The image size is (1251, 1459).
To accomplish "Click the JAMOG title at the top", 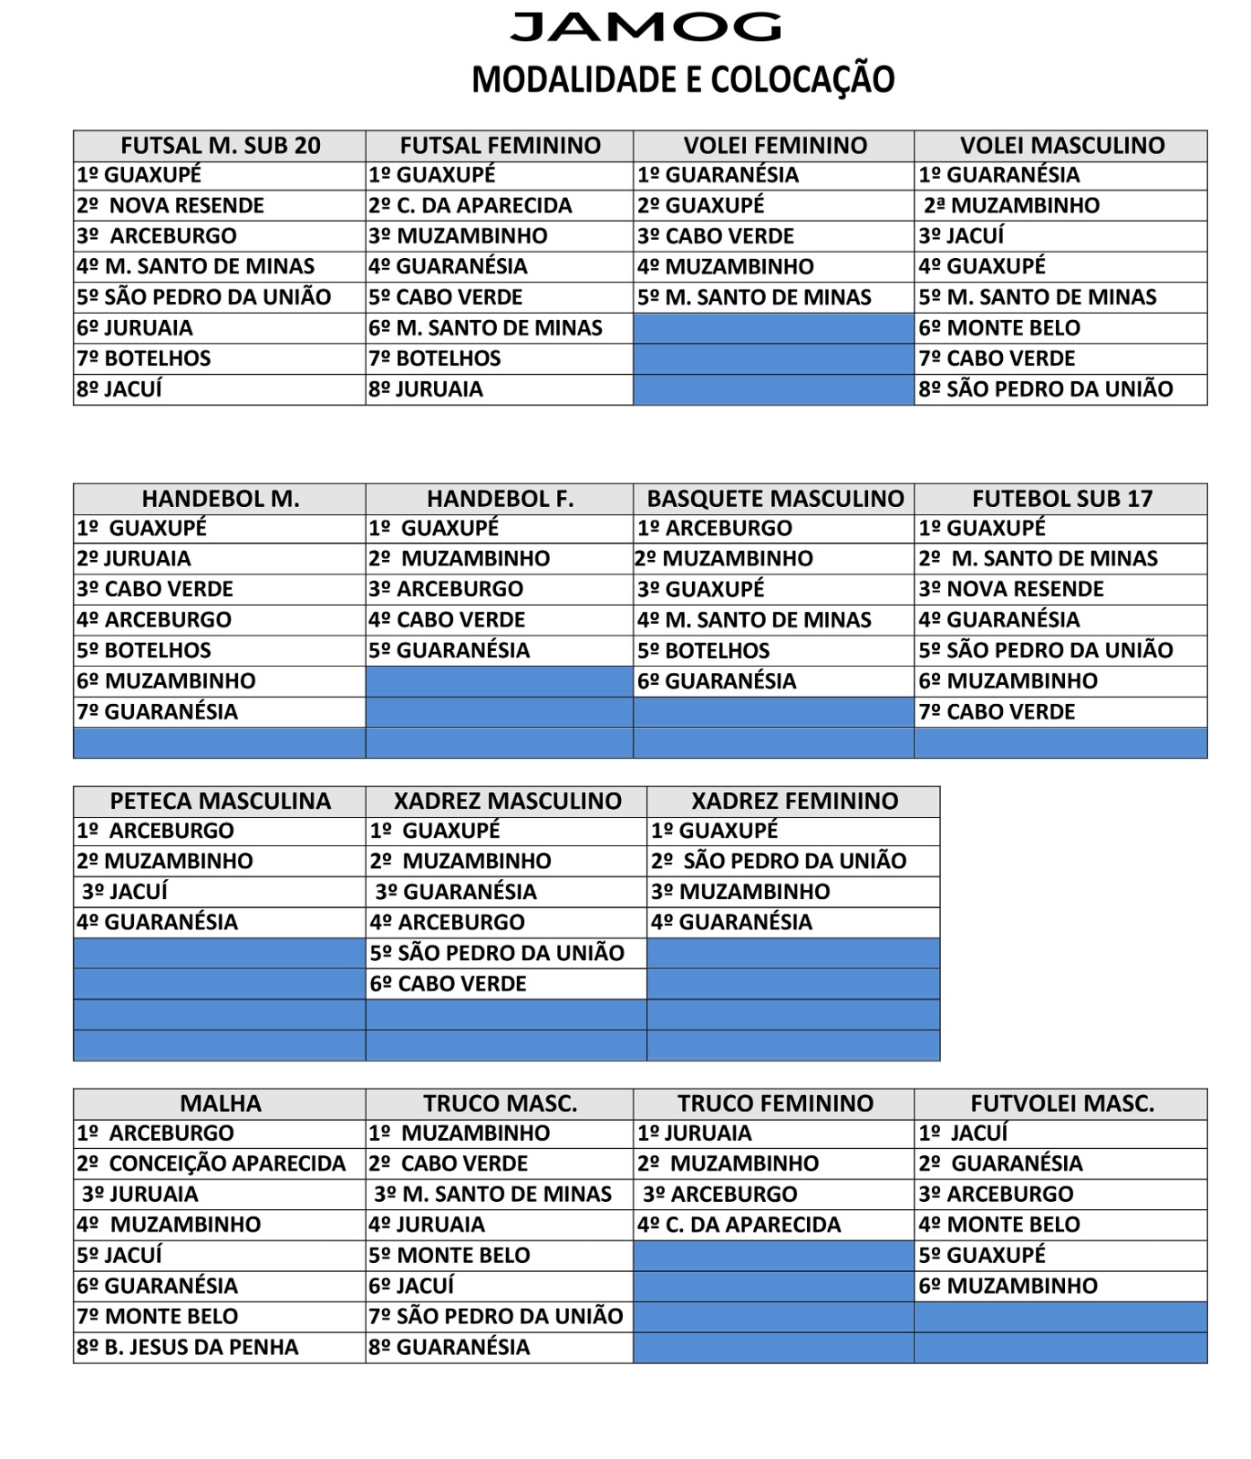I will click(646, 27).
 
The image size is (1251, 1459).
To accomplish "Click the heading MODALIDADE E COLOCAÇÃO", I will click(683, 79).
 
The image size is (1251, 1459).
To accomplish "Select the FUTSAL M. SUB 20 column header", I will click(220, 145).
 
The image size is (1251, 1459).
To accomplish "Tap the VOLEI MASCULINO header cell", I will click(1061, 145).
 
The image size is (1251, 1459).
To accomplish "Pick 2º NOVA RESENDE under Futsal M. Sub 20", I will click(171, 205).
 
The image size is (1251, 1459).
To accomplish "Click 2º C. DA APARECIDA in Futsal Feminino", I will click(470, 205).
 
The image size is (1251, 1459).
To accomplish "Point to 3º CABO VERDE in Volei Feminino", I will click(716, 236).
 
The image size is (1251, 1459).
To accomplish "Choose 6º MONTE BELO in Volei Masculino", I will click(999, 327).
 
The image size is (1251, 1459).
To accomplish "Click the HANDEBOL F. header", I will click(500, 499).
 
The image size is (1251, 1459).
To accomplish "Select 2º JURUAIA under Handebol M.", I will click(134, 558).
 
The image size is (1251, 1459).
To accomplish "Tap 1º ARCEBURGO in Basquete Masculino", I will click(715, 528).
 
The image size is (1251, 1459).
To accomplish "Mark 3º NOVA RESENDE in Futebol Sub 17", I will click(1011, 589).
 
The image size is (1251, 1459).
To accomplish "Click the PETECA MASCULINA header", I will click(220, 801).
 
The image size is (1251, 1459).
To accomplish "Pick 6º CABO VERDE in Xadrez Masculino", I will click(449, 984).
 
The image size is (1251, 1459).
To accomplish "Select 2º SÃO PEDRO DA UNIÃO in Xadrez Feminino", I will click(779, 861).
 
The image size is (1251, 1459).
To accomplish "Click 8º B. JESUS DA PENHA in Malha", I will click(188, 1347).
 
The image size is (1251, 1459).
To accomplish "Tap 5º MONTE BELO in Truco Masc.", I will click(450, 1255).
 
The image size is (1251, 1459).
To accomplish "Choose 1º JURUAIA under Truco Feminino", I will click(695, 1133).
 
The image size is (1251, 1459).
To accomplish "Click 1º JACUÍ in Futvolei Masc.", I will click(964, 1133).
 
